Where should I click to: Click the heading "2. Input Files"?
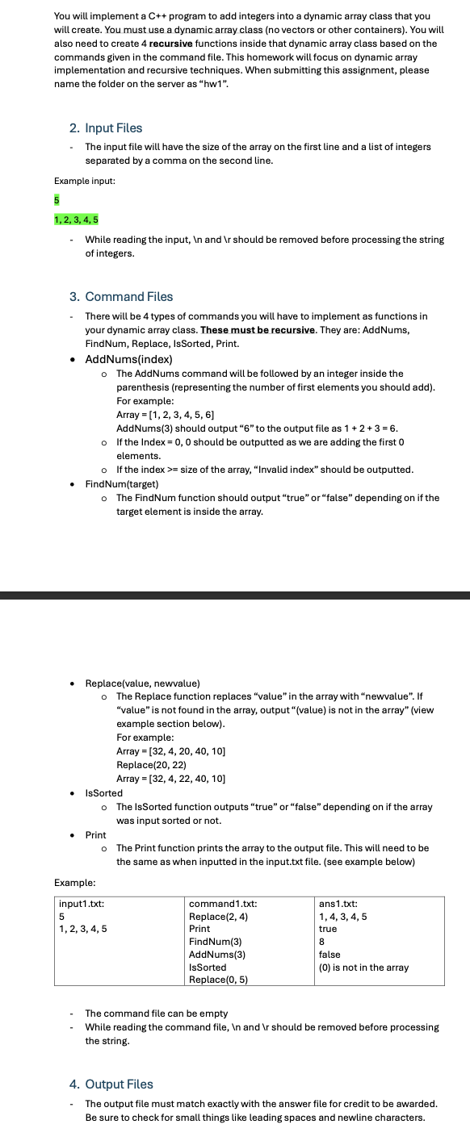click(105, 127)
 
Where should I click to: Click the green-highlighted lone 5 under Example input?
click(57, 199)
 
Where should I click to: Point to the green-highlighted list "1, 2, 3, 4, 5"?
click(77, 219)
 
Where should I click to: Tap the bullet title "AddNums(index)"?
click(128, 358)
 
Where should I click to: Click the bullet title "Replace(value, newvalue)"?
click(143, 683)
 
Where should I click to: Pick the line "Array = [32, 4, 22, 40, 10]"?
click(171, 778)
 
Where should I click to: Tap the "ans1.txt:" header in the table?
click(339, 904)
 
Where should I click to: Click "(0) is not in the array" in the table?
click(363, 967)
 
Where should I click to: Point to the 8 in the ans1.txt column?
click(322, 941)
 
